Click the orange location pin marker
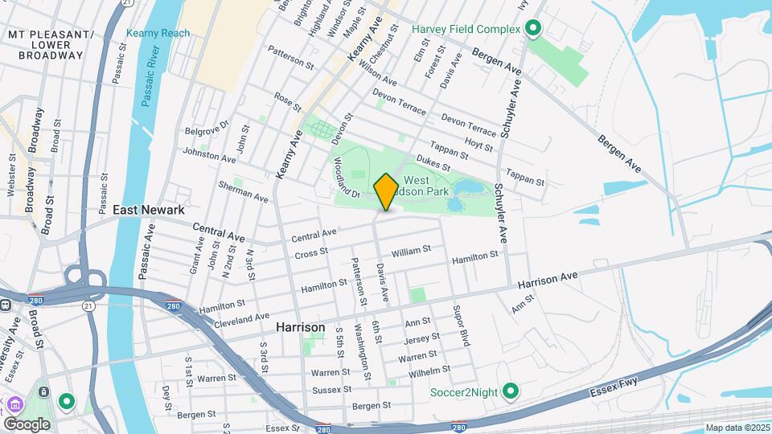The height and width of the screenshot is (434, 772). (x=386, y=191)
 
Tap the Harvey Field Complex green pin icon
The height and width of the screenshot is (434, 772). (x=532, y=30)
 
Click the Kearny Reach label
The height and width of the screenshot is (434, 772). (x=158, y=34)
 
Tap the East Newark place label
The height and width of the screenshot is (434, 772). (x=149, y=210)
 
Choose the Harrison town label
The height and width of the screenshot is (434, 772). (x=301, y=327)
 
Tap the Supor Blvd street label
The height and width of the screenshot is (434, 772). (x=461, y=325)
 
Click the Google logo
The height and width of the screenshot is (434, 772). (x=26, y=424)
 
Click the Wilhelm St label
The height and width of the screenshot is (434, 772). (x=429, y=371)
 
